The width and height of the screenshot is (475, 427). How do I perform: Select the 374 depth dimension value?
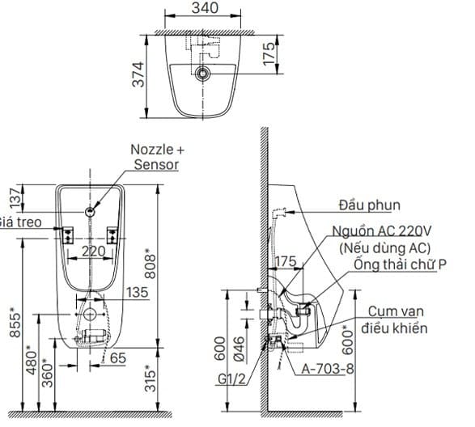(x=138, y=75)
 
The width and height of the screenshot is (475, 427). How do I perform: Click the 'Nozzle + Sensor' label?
(x=158, y=157)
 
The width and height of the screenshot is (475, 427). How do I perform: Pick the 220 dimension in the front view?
(x=94, y=252)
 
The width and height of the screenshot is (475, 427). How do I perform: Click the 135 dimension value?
(x=138, y=293)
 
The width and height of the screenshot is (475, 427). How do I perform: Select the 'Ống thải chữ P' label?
(x=400, y=265)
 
